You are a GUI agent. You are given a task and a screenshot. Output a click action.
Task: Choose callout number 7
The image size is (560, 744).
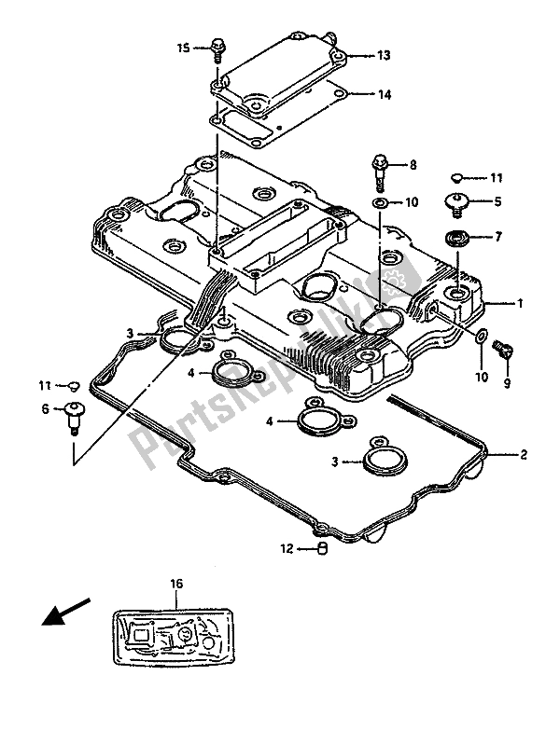(498, 237)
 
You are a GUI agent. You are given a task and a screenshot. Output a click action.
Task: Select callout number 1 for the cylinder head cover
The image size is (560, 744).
(519, 303)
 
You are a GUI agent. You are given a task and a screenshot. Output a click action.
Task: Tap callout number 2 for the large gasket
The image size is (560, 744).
(524, 454)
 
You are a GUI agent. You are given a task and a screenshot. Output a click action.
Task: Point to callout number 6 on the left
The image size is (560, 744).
(44, 408)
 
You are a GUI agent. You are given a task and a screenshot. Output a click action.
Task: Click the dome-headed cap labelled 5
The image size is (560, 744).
(460, 200)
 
